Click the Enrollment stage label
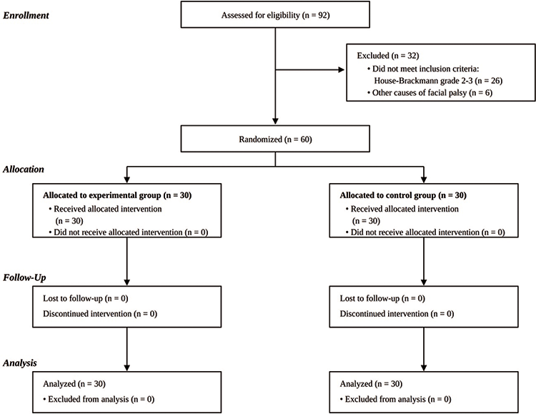point(26,16)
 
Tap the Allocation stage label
point(24,169)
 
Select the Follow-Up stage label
point(24,277)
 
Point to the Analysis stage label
point(20,363)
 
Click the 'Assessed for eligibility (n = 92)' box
point(275,14)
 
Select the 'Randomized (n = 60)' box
point(275,139)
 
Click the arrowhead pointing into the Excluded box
point(341,70)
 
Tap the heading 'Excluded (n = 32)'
point(388,56)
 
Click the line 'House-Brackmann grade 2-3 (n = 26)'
point(438,81)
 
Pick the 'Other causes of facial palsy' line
point(430,93)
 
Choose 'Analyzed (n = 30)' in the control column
point(371,384)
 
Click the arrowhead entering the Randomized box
point(275,122)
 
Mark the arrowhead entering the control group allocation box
point(424,179)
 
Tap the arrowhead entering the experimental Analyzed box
point(126,368)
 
